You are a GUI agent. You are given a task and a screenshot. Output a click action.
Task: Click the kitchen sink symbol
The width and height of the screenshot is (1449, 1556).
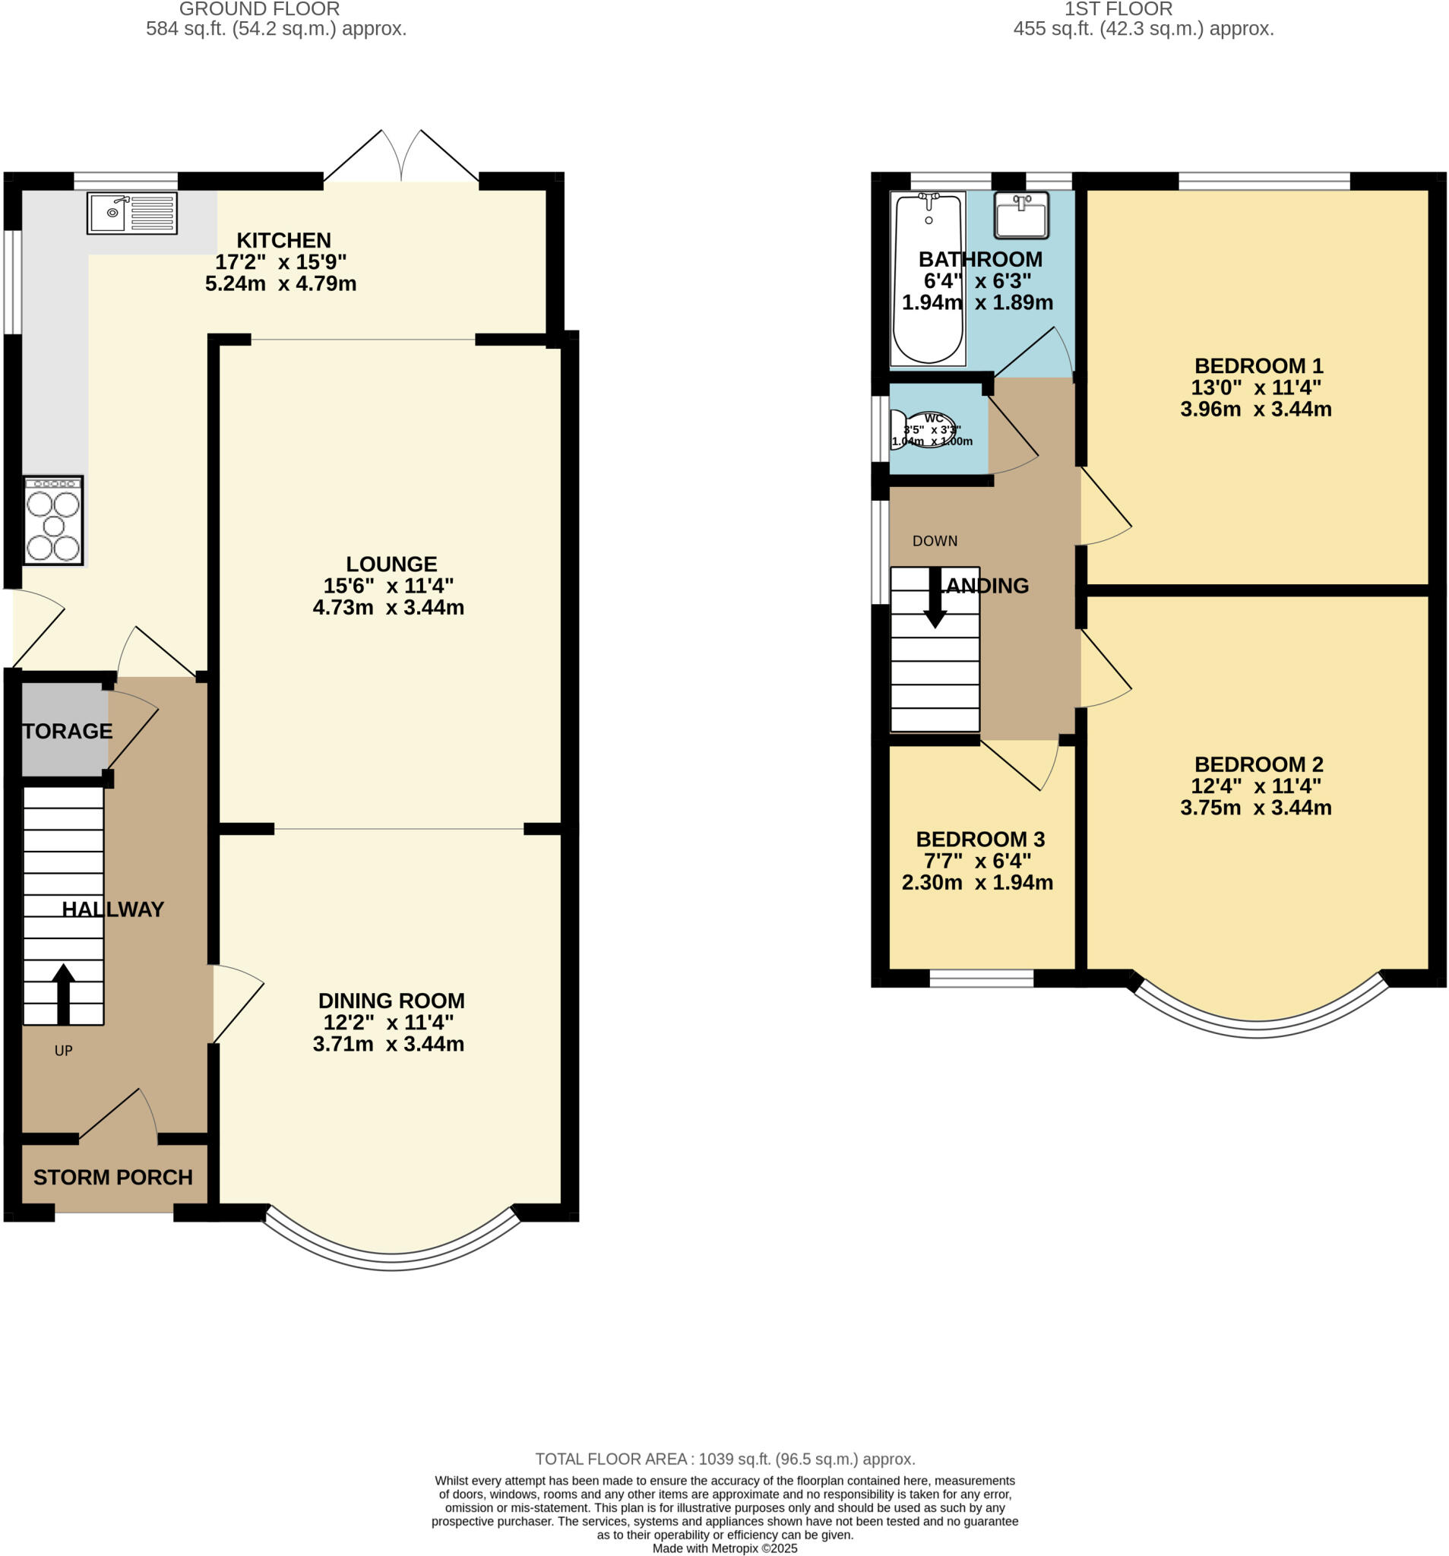click(131, 212)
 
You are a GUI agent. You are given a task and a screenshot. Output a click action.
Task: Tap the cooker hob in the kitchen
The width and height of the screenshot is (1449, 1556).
click(53, 520)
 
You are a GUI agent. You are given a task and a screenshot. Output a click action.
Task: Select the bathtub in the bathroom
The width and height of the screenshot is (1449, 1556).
click(929, 279)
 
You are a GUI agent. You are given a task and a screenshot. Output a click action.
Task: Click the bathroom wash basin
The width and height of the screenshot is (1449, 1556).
click(1020, 214)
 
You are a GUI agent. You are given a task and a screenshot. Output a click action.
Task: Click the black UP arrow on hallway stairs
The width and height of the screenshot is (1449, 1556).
click(63, 993)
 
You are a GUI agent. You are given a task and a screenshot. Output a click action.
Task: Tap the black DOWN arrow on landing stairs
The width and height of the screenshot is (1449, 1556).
click(935, 598)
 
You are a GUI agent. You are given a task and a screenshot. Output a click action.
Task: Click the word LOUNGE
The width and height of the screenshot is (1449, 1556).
click(391, 564)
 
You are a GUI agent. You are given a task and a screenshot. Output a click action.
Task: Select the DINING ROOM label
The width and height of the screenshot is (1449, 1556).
click(391, 1001)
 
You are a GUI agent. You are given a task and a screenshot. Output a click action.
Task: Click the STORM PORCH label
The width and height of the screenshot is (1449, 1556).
click(112, 1177)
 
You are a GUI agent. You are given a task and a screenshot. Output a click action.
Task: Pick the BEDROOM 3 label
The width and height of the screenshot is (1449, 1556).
click(980, 839)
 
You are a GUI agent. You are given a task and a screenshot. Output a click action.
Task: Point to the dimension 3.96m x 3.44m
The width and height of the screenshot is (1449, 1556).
click(1256, 409)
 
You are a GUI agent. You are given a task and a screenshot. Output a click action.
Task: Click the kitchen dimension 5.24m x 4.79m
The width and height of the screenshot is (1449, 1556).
click(280, 283)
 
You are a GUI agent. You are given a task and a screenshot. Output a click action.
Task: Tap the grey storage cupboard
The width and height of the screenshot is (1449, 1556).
click(64, 729)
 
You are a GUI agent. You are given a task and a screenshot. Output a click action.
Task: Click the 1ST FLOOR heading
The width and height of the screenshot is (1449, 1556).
click(1118, 9)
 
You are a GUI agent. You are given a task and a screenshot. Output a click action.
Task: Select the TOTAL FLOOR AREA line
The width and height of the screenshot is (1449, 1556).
click(725, 1459)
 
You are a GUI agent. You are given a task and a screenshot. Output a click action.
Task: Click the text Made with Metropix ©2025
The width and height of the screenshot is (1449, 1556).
click(725, 1548)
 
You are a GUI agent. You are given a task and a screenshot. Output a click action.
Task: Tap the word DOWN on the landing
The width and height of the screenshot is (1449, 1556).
click(935, 541)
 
